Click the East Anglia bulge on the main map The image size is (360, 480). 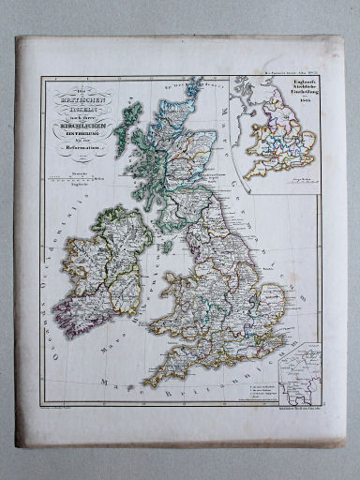click(271, 300)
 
